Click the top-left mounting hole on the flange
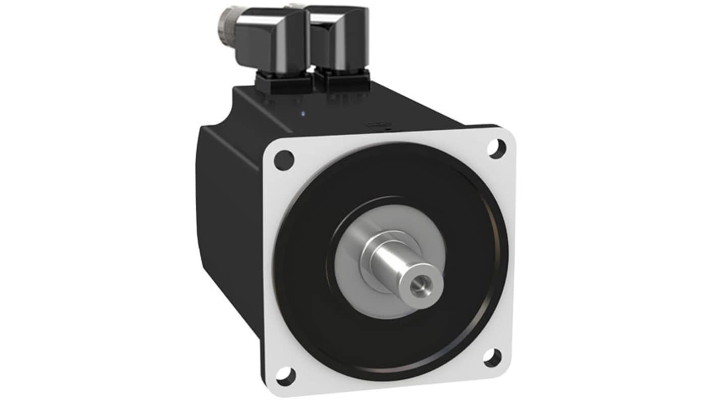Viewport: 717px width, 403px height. (284, 160)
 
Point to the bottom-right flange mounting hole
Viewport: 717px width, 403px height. (492, 358)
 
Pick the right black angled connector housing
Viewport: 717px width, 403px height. (337, 38)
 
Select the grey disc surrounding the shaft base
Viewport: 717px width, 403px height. (353, 283)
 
